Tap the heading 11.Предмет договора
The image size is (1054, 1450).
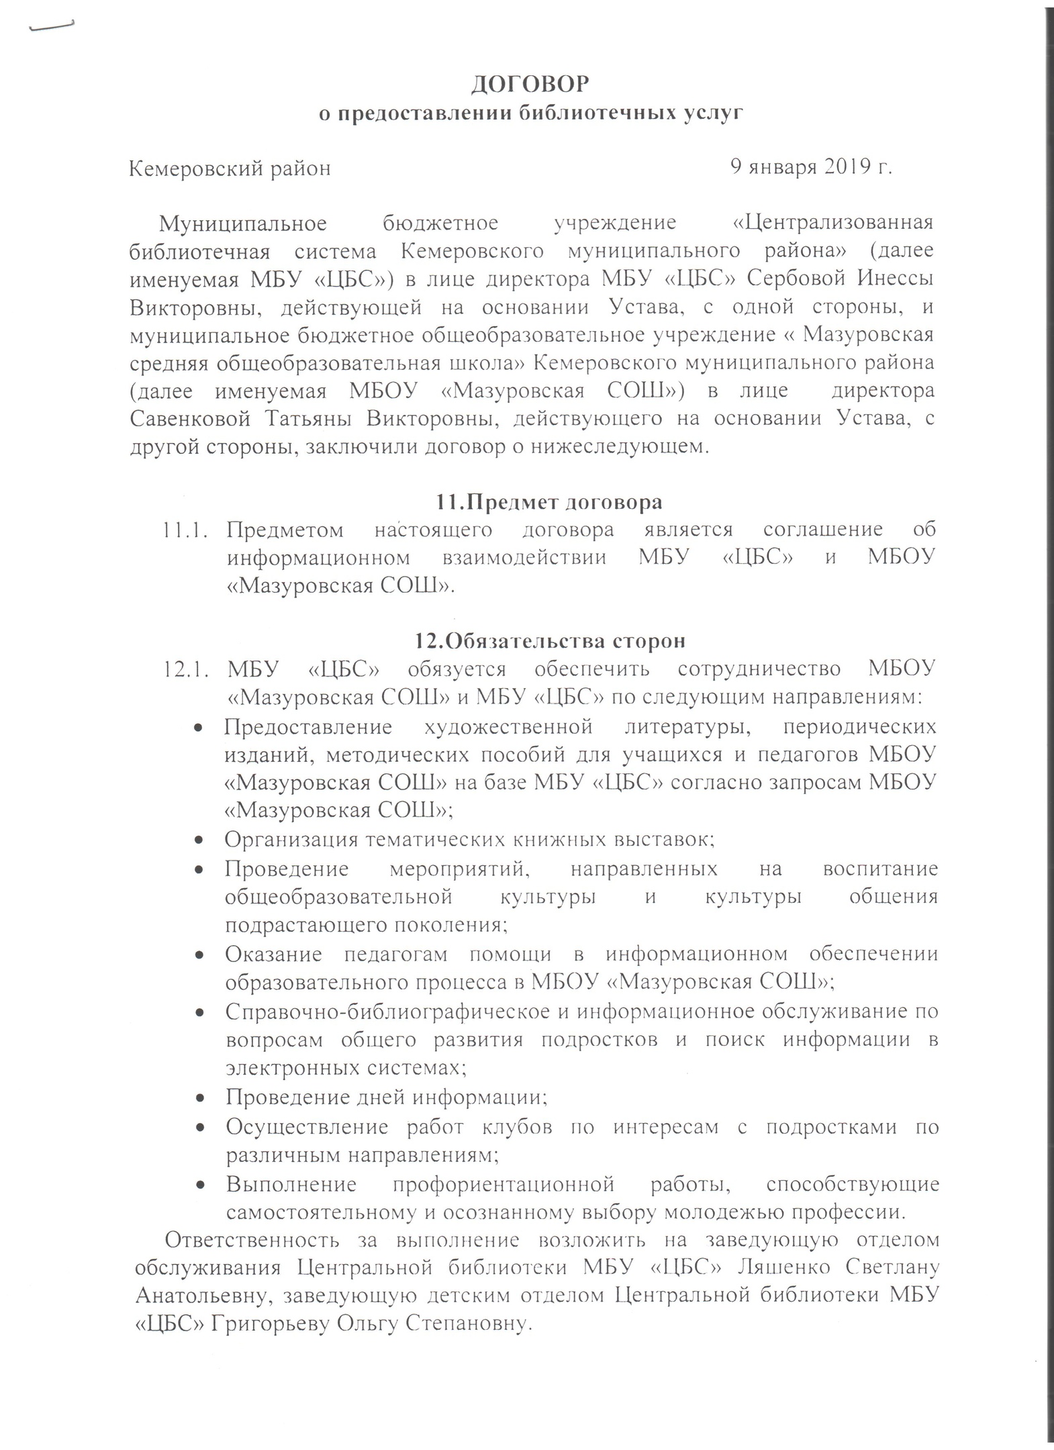coord(548,501)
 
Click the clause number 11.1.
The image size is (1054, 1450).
coord(182,530)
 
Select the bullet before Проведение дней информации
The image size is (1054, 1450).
coord(199,1098)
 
